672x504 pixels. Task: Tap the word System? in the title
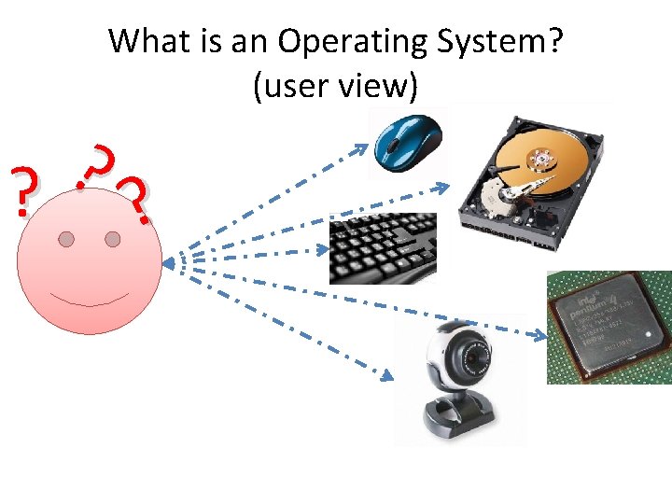point(504,42)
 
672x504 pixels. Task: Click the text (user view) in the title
point(335,86)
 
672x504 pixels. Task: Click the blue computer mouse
point(408,143)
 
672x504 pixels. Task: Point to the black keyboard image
point(383,247)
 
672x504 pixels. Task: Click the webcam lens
point(472,357)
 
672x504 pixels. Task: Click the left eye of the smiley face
point(66,240)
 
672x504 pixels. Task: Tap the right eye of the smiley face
point(113,240)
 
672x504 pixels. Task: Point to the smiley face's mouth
point(90,301)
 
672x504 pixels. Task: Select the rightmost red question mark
point(135,199)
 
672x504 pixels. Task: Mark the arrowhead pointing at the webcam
point(386,373)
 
